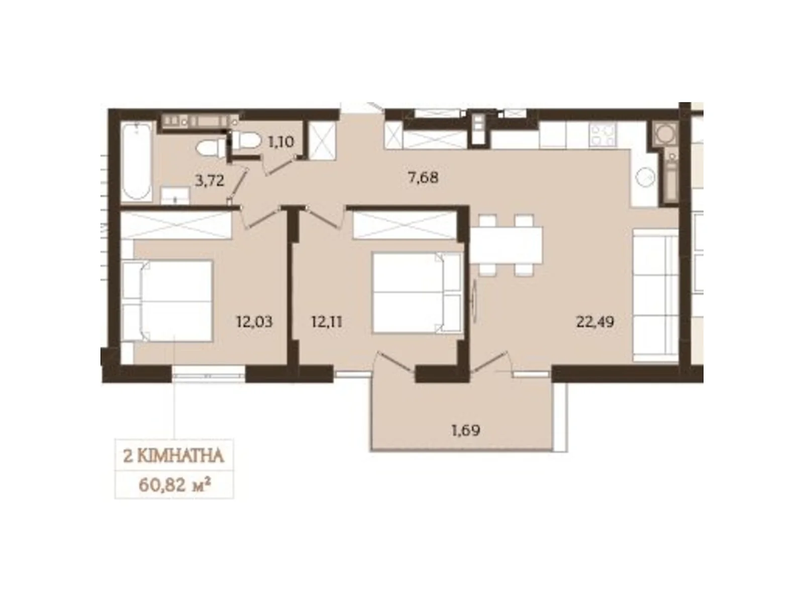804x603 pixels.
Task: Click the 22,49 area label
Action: point(595,322)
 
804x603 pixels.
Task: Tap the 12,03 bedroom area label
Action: point(254,322)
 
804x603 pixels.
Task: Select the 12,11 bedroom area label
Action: point(327,322)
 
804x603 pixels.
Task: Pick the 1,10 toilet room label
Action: point(281,142)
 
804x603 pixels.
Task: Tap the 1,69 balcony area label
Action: point(466,431)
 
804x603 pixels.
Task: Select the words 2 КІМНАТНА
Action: point(174,456)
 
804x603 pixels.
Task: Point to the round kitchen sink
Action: point(645,177)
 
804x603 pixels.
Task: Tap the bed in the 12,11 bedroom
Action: point(416,292)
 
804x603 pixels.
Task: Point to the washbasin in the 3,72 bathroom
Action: point(175,195)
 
